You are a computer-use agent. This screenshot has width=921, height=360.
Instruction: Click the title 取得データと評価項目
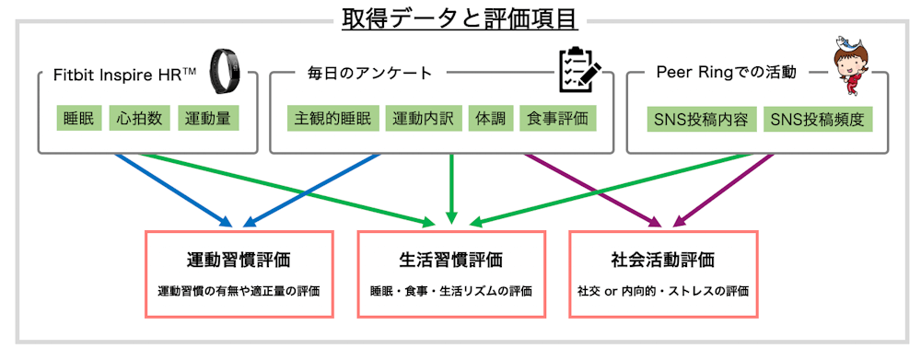click(460, 17)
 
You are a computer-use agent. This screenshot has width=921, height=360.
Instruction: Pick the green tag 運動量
click(209, 120)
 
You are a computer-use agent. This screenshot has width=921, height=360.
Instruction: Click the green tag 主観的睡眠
click(332, 120)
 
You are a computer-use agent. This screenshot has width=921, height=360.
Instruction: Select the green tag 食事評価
click(557, 120)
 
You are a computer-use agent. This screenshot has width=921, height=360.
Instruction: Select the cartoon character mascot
click(851, 65)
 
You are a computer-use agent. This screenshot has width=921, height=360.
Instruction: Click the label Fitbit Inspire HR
click(126, 72)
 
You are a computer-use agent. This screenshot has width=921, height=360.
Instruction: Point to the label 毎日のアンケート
click(369, 72)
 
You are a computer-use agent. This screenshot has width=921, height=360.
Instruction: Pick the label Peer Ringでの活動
click(727, 72)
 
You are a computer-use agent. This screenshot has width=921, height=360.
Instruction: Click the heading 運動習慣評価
click(239, 260)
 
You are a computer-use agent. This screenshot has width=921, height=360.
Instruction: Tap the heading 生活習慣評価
click(451, 260)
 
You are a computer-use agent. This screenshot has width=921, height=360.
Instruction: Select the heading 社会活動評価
click(663, 260)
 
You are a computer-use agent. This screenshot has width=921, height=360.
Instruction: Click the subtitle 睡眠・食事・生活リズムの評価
click(451, 291)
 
